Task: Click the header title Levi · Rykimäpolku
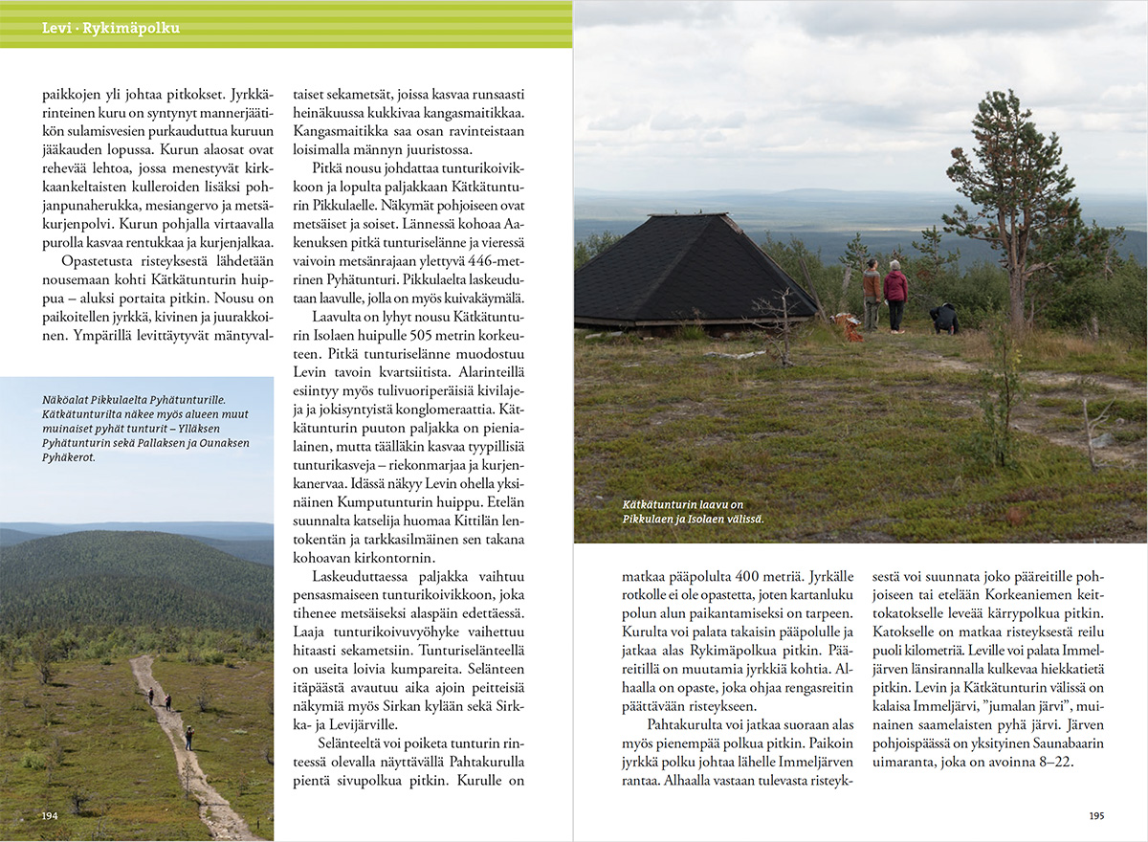(x=111, y=29)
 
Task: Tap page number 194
(x=50, y=816)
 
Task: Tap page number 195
(x=1096, y=816)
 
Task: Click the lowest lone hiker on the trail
(x=189, y=737)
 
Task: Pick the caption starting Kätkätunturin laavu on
(x=682, y=504)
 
